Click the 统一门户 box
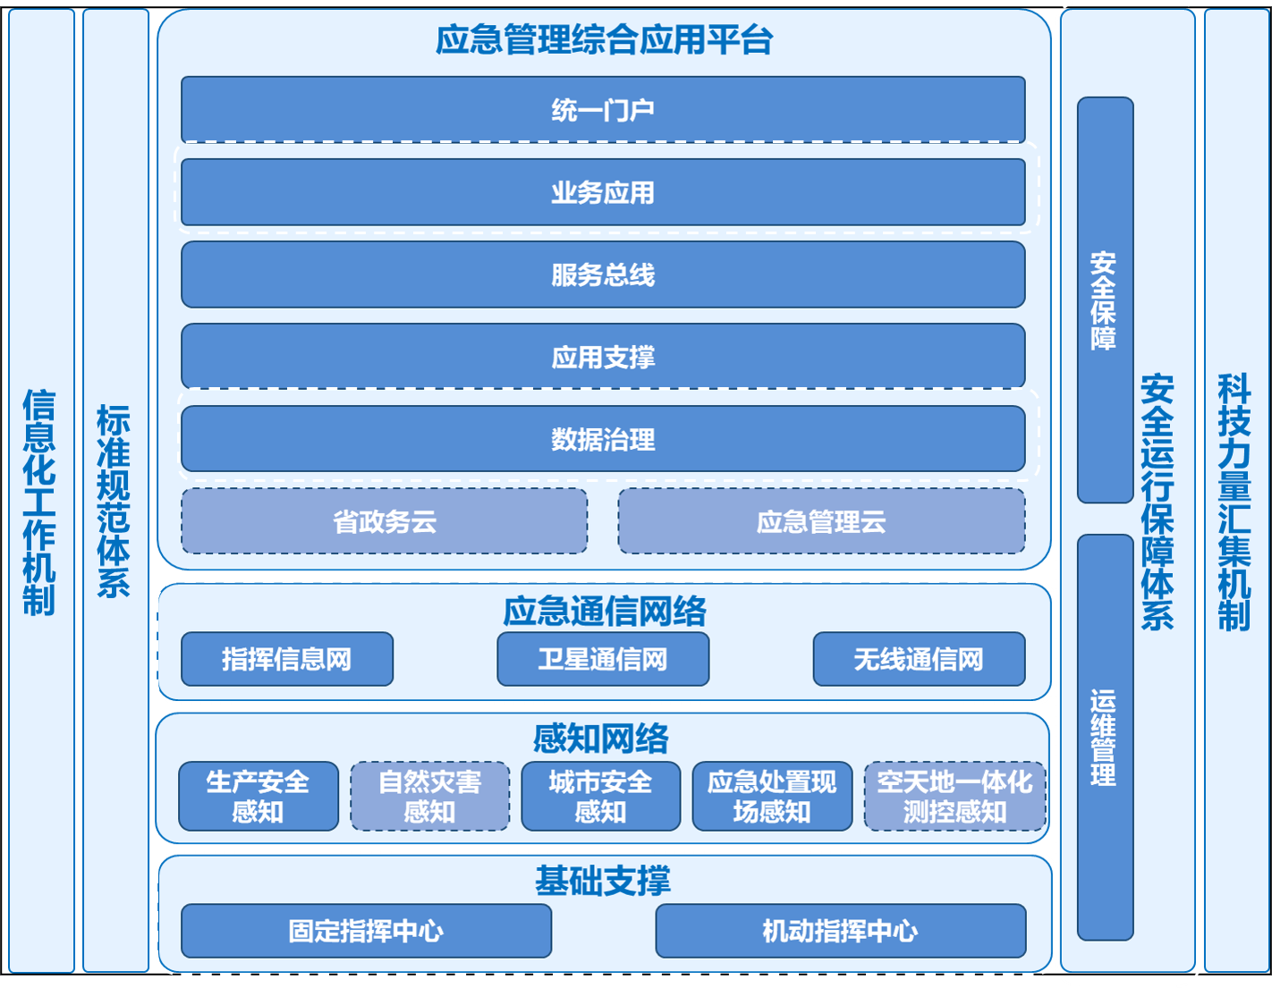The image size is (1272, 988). pos(603,109)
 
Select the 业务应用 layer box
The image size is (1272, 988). pos(603,192)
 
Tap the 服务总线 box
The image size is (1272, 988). pos(603,274)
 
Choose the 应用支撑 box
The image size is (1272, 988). pos(603,357)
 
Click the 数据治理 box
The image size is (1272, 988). pos(603,439)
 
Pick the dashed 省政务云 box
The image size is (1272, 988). pos(385,521)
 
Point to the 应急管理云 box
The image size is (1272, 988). pos(821,521)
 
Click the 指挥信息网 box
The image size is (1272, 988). pos(287,659)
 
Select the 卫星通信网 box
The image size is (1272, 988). pos(603,659)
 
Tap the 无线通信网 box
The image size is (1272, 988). pos(919,659)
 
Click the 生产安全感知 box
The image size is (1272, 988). pos(259,796)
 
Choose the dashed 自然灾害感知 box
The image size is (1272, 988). pos(430,796)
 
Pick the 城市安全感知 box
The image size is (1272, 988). pos(601,796)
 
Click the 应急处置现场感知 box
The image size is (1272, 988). pos(772,796)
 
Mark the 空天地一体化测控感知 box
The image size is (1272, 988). pos(954,796)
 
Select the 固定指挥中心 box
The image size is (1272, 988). pos(366,931)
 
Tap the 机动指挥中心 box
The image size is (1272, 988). pos(840,931)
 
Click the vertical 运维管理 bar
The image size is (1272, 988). pos(1105,737)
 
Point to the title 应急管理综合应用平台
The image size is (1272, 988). pos(604,40)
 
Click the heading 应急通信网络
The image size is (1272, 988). pos(604,612)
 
